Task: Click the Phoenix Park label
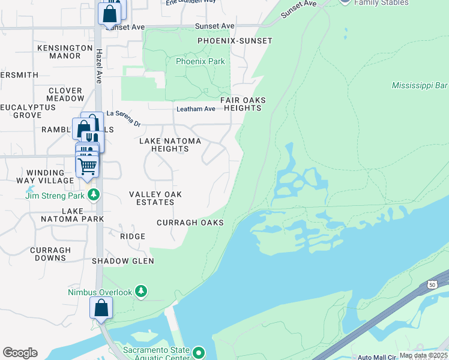pyautogui.click(x=200, y=61)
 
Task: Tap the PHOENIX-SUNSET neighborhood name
pyautogui.click(x=235, y=41)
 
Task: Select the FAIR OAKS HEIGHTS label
pyautogui.click(x=243, y=104)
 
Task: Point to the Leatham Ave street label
pyautogui.click(x=196, y=109)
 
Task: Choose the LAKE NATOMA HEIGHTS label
pyautogui.click(x=170, y=145)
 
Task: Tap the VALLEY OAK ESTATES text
pyautogui.click(x=155, y=198)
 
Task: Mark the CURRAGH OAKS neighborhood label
pyautogui.click(x=190, y=223)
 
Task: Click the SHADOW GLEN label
pyautogui.click(x=122, y=261)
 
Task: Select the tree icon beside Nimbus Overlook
pyautogui.click(x=140, y=292)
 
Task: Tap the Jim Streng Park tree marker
pyautogui.click(x=93, y=195)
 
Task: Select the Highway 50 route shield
pyautogui.click(x=432, y=284)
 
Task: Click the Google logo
pyautogui.click(x=20, y=353)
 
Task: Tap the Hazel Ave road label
pyautogui.click(x=98, y=66)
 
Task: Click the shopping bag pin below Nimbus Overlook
pyautogui.click(x=101, y=308)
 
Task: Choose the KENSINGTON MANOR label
pyautogui.click(x=59, y=52)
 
